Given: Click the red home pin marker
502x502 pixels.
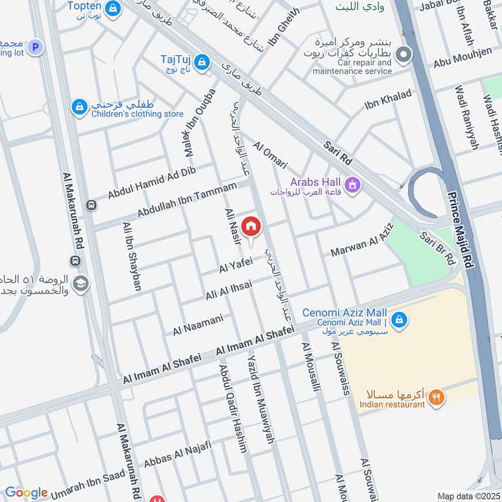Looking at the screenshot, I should pos(251,226).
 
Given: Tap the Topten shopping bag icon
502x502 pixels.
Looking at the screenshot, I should pos(113,8).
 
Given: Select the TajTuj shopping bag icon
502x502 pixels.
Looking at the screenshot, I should pos(202,61).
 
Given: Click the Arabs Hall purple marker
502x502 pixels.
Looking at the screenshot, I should pos(352,185).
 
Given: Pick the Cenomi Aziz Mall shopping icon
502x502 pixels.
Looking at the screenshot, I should pos(400,321).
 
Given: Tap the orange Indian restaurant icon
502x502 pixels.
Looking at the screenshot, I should pos(437,397).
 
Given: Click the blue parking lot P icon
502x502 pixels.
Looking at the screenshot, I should pos(35,46).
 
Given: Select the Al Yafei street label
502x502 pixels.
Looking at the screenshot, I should pos(235,266).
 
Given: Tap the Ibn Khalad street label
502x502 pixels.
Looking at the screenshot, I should pos(388,100).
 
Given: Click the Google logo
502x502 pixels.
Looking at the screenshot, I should pos(26,493).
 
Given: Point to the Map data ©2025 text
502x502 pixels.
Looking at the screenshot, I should pos(467,496).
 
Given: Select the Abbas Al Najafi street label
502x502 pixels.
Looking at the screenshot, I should pos(178,456).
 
